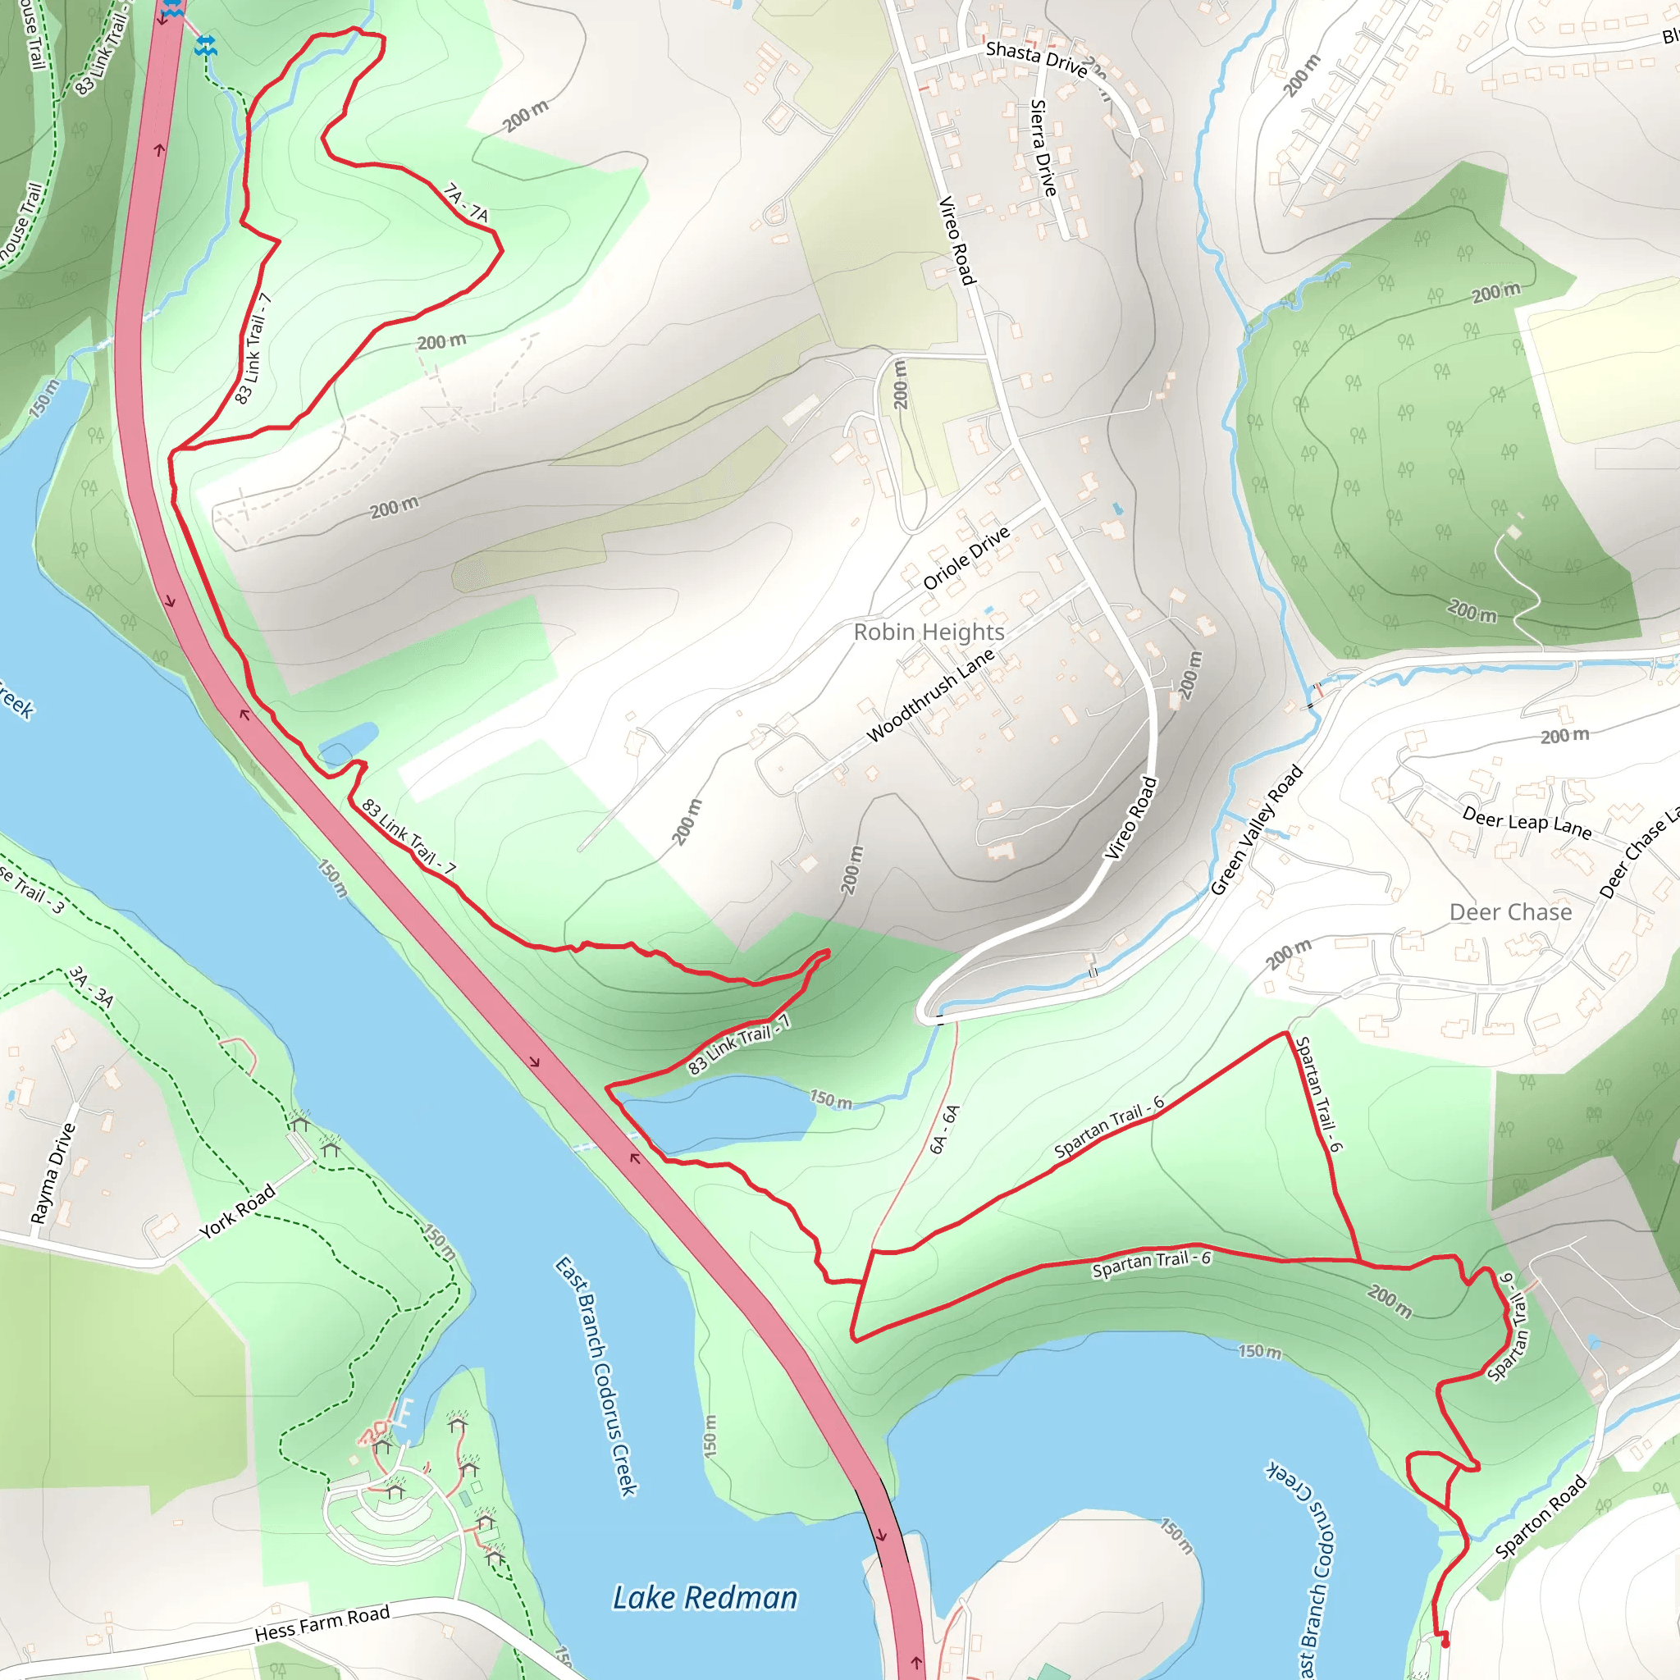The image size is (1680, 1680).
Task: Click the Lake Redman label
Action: (705, 1598)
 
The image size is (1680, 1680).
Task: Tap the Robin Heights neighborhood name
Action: (929, 632)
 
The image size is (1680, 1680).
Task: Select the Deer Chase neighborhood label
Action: (1510, 912)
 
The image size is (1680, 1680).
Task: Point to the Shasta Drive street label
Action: (1037, 59)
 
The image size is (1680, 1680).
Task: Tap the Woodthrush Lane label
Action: (930, 696)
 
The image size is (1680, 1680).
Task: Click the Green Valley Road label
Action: (1257, 829)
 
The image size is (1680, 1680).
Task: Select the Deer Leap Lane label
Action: (1527, 822)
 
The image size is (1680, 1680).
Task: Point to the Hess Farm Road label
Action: (322, 1623)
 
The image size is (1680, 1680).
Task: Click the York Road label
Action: (237, 1212)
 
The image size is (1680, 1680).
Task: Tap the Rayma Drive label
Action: (53, 1174)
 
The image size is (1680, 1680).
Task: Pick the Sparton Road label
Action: (1541, 1518)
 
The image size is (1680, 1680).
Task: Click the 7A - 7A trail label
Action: (466, 203)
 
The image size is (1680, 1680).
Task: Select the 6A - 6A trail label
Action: (944, 1129)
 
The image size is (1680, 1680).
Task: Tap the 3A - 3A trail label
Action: (91, 987)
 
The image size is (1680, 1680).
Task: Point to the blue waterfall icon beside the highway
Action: (206, 45)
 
